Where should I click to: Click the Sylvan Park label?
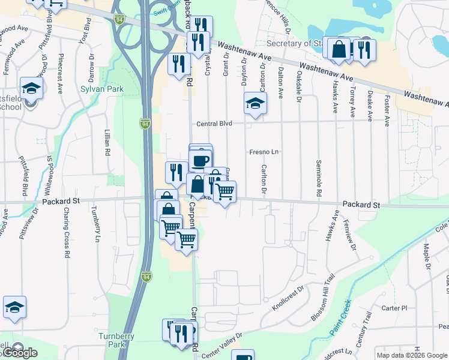click(102, 89)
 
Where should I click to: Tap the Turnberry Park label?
click(117, 340)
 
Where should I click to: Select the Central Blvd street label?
click(214, 124)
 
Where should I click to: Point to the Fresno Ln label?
click(264, 152)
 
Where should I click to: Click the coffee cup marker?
click(200, 160)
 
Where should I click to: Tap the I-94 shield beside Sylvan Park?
click(145, 124)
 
